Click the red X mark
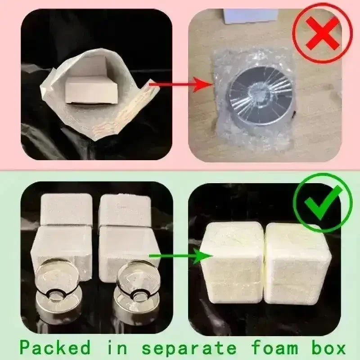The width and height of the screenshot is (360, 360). point(323,33)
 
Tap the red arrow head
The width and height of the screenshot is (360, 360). point(202,85)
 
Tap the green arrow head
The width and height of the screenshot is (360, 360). point(202,256)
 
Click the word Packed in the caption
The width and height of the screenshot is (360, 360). point(55,347)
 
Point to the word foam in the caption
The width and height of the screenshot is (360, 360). point(274,347)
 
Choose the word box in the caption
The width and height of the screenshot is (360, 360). point(328,347)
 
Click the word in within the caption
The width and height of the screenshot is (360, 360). point(117,347)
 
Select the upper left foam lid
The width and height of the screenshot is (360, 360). point(66,209)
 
